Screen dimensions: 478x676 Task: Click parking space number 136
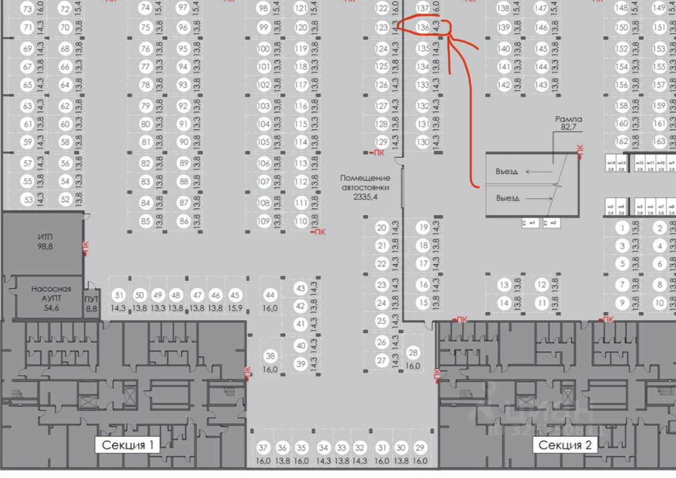(x=423, y=27)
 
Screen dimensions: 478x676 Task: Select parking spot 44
(x=270, y=295)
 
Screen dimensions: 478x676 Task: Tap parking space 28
(x=413, y=354)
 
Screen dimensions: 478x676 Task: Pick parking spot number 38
(x=270, y=356)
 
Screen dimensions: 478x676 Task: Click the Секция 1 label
(x=127, y=445)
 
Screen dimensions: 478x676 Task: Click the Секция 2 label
(x=565, y=445)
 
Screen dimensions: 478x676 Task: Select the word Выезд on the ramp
(x=508, y=198)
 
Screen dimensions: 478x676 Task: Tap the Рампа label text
(x=568, y=119)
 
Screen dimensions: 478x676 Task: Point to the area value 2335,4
(x=365, y=197)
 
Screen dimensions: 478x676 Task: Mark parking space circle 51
(x=118, y=295)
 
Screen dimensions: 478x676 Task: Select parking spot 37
(x=263, y=448)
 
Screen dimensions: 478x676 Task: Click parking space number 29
(x=420, y=448)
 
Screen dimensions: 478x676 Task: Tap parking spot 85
(x=145, y=221)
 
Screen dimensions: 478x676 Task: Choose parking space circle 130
(x=423, y=142)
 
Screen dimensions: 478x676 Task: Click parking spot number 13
(x=504, y=285)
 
